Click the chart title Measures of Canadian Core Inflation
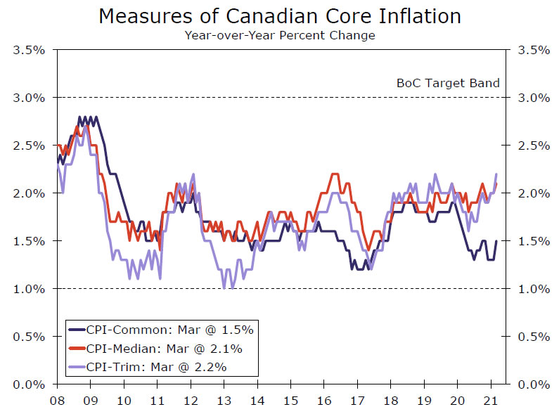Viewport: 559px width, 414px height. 280,16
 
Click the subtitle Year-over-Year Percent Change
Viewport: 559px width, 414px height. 280,35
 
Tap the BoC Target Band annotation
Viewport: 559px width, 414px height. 448,83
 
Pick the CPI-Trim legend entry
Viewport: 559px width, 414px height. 156,366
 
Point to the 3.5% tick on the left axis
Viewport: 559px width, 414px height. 28,50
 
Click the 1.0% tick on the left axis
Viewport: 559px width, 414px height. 28,288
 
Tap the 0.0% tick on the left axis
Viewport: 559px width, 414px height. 28,384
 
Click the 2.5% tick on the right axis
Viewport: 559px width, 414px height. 532,145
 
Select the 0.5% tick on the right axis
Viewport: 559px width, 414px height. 532,337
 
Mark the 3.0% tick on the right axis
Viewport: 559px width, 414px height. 532,98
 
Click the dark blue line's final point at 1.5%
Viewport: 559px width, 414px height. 496,241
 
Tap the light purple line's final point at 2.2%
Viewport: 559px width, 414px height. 496,174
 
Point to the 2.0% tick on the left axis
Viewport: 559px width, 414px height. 28,193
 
